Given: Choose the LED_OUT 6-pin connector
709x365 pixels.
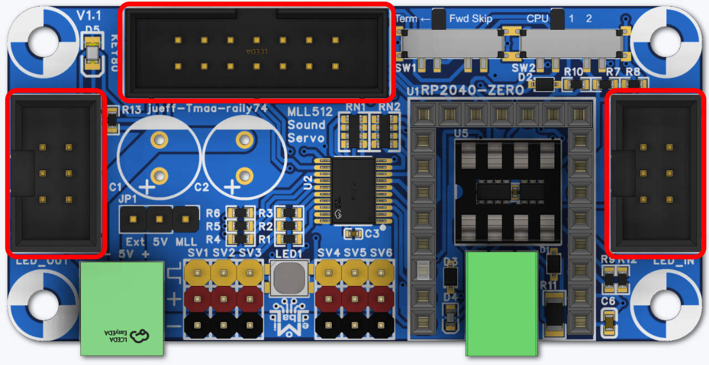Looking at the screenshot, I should point(55,173).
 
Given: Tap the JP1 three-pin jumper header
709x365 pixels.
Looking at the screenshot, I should point(159,220).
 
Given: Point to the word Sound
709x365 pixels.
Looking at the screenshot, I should point(306,124).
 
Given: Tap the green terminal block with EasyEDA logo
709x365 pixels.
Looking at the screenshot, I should point(122,308).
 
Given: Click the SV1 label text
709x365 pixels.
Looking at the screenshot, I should point(197,253).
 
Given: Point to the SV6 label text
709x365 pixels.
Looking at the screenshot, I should point(381,253).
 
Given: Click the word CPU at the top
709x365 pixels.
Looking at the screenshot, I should point(537,19).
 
